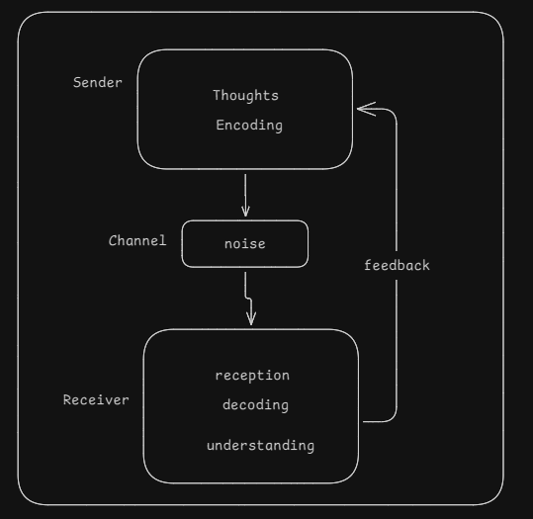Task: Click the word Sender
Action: click(x=98, y=83)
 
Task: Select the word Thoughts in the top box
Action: click(x=246, y=96)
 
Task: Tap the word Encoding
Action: click(x=249, y=126)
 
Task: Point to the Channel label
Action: click(x=137, y=240)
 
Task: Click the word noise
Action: click(x=245, y=244)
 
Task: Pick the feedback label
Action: click(x=397, y=265)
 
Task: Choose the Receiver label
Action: click(x=96, y=400)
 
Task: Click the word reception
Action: click(x=252, y=376)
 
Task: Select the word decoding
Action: click(x=255, y=405)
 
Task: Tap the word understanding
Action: click(x=260, y=446)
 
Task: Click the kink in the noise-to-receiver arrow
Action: click(x=248, y=299)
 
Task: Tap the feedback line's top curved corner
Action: click(x=392, y=112)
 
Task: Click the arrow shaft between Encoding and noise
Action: click(x=245, y=195)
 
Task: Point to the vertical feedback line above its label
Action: click(x=397, y=186)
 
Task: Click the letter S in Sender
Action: click(x=77, y=82)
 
